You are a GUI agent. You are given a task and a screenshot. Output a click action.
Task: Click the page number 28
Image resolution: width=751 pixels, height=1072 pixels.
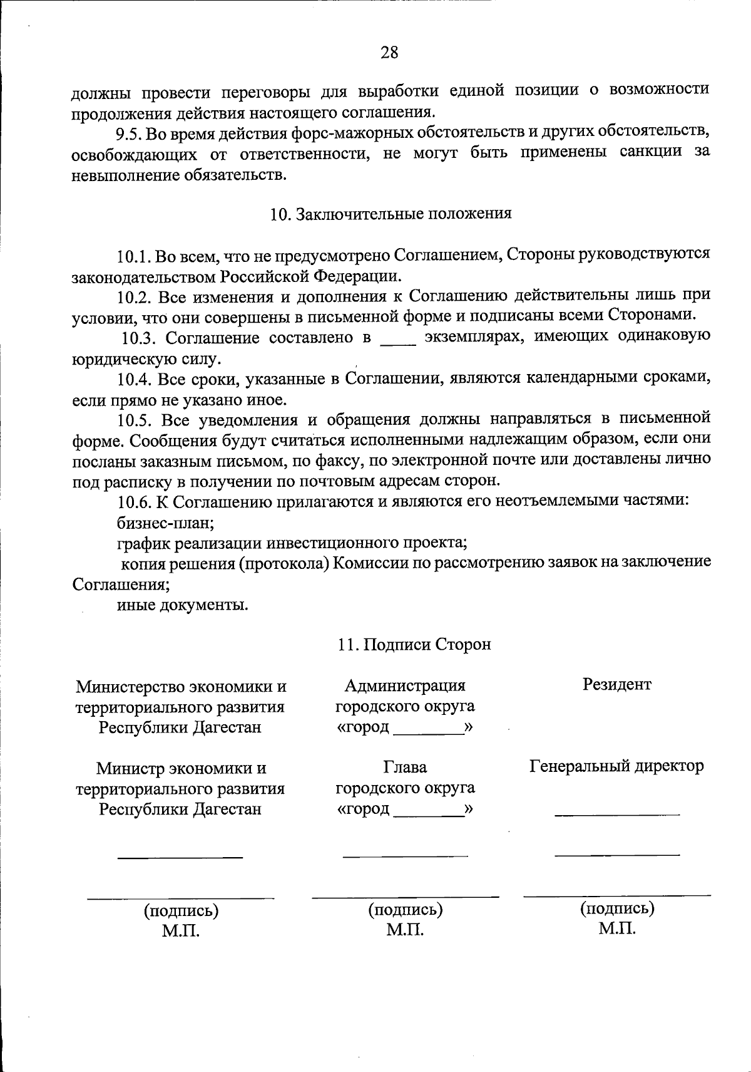389,53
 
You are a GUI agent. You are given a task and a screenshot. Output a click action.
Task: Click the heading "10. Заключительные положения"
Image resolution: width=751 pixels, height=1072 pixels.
391,214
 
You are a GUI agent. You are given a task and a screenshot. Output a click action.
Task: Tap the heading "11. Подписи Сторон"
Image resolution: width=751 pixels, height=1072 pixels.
414,645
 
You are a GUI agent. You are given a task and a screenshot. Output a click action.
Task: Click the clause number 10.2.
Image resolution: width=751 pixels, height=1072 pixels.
133,296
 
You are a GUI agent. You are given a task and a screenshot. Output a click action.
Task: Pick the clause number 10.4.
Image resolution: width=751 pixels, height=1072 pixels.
133,380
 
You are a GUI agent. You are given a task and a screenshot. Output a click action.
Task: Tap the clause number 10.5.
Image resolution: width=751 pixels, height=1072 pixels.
133,420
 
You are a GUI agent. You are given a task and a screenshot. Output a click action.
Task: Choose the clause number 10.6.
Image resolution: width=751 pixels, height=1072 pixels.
133,502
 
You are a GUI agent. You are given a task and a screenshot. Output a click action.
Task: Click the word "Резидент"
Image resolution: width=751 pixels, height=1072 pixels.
616,684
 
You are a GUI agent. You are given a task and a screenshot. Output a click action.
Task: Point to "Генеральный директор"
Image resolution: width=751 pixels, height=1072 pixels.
616,766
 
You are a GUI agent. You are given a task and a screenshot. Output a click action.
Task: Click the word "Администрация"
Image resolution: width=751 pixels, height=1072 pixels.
405,686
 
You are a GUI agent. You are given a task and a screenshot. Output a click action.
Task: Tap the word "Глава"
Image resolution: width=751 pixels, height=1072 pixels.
405,767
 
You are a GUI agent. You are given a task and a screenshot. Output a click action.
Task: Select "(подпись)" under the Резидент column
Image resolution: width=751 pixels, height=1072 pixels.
617,908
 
